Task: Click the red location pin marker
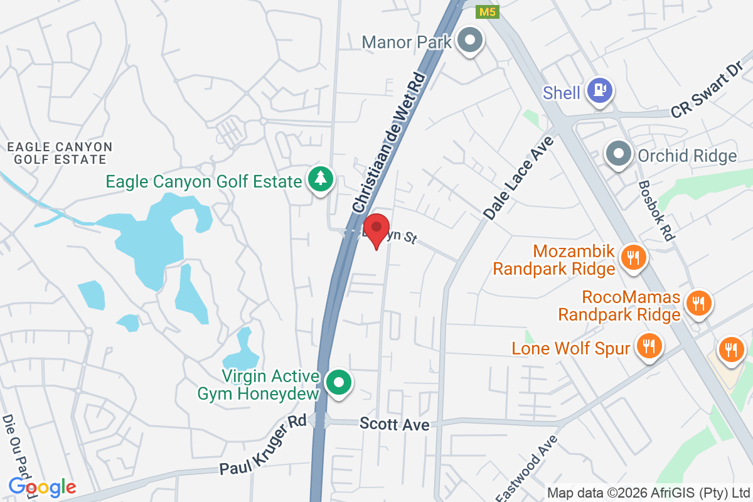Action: pyautogui.click(x=376, y=228)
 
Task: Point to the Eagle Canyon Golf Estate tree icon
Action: pyautogui.click(x=321, y=180)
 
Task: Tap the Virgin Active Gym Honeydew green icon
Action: pyautogui.click(x=339, y=382)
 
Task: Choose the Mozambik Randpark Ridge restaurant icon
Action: pyautogui.click(x=633, y=257)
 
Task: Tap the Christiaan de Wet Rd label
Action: pyautogui.click(x=390, y=142)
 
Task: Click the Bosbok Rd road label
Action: pyautogui.click(x=656, y=210)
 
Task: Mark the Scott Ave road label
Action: pyautogui.click(x=395, y=425)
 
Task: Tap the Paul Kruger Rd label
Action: pyautogui.click(x=264, y=445)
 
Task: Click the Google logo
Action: pyautogui.click(x=42, y=486)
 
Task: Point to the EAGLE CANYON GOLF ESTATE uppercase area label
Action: pyautogui.click(x=60, y=154)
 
